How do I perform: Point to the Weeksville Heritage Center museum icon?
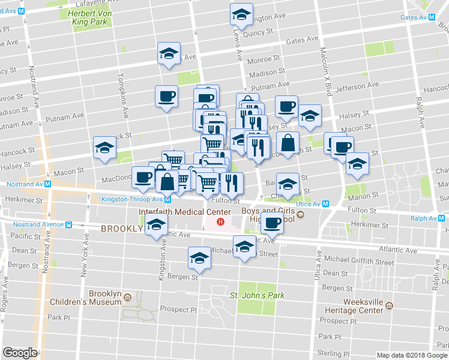(390, 305)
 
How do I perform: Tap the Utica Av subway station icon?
(325, 203)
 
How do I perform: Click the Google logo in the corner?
(20, 353)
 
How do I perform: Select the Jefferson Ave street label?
(359, 87)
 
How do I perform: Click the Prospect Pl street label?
(178, 310)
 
